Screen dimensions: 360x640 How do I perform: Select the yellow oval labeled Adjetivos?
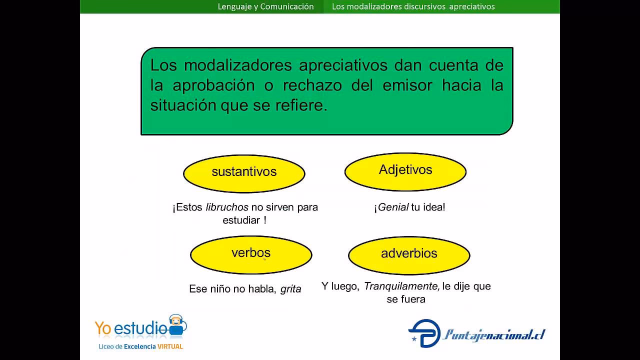[x=405, y=171]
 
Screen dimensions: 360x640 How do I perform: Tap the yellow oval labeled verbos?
[x=250, y=254]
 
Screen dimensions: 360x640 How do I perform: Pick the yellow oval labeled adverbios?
[x=408, y=254]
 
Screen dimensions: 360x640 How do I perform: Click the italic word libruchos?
[x=227, y=207]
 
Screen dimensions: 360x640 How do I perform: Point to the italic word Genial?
[x=393, y=207]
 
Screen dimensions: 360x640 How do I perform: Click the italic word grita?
[x=290, y=289]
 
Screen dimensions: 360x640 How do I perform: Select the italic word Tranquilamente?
[x=401, y=286]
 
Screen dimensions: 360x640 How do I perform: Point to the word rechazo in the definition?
[x=312, y=85]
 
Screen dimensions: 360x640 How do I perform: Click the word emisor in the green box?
[x=407, y=85]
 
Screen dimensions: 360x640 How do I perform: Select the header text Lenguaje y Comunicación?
[x=265, y=6]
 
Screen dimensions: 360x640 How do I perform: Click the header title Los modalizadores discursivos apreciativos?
[x=413, y=6]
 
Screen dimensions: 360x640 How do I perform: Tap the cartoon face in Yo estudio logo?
[x=176, y=323]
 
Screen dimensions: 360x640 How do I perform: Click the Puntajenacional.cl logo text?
[x=493, y=334]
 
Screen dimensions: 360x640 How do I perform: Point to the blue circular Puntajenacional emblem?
[x=424, y=333]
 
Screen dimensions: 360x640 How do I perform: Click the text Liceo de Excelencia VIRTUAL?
[x=139, y=346]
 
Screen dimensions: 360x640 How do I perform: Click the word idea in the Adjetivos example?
[x=433, y=207]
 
